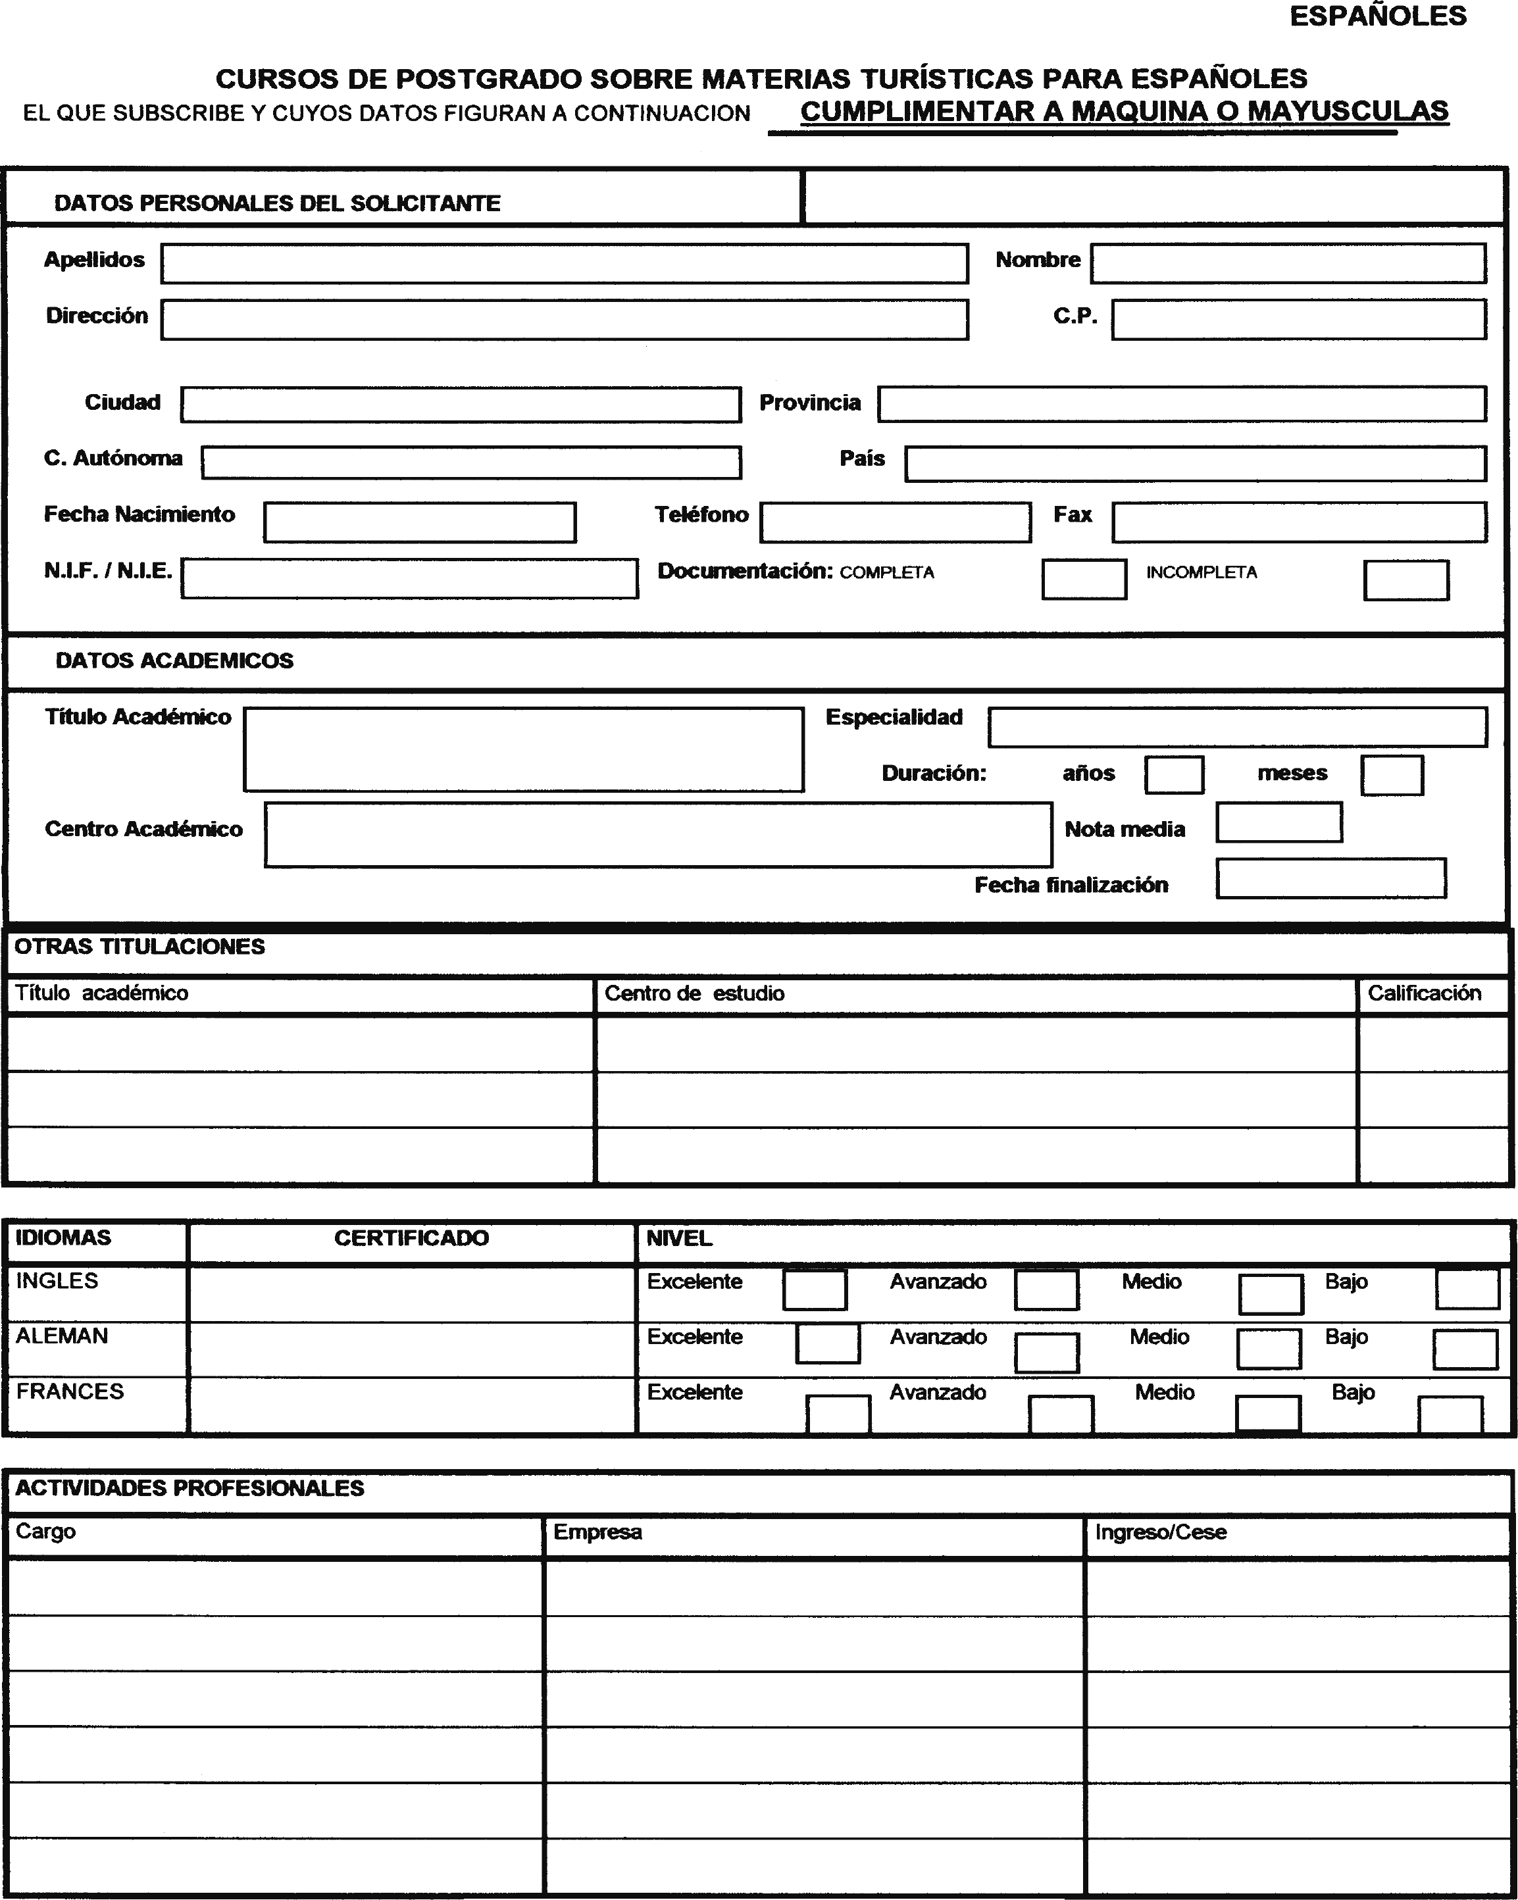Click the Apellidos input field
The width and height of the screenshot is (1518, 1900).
click(x=564, y=264)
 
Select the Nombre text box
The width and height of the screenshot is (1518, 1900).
click(x=1288, y=264)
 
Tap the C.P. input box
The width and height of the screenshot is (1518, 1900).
click(x=1298, y=319)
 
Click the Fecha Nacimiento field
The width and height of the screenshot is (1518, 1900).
click(x=420, y=522)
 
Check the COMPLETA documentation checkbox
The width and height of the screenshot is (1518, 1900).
click(x=1084, y=580)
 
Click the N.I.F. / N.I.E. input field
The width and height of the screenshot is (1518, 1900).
click(x=410, y=579)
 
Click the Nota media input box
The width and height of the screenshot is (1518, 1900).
click(x=1278, y=822)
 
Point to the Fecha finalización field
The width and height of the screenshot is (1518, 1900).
click(x=1330, y=878)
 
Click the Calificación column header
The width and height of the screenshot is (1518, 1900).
click(x=1424, y=993)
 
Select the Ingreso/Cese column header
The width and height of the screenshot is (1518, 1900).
click(x=1160, y=1532)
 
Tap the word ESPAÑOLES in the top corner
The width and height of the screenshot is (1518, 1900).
click(x=1378, y=16)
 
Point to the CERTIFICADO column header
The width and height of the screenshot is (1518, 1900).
click(x=411, y=1238)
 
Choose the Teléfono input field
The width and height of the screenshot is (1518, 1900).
click(x=895, y=522)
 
